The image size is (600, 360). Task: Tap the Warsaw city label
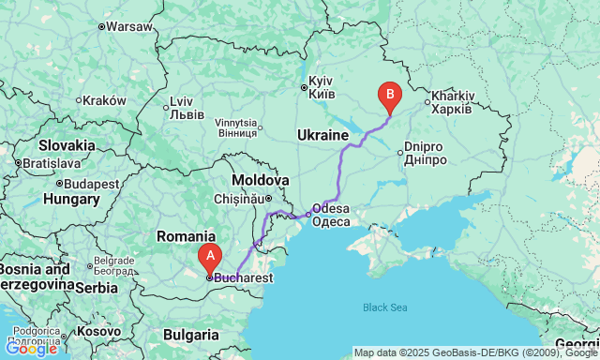tap(128, 26)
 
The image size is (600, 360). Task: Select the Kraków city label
tap(104, 100)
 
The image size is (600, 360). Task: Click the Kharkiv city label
tap(453, 102)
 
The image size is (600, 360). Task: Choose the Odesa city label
tap(330, 215)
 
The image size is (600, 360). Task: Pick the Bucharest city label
tap(243, 277)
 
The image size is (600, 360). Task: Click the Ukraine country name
tap(322, 136)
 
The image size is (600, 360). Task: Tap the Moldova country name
tap(261, 179)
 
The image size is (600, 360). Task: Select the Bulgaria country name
tap(191, 334)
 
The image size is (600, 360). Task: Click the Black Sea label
tap(385, 307)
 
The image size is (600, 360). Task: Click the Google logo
tap(30, 349)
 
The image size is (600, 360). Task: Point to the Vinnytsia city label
tap(235, 127)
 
